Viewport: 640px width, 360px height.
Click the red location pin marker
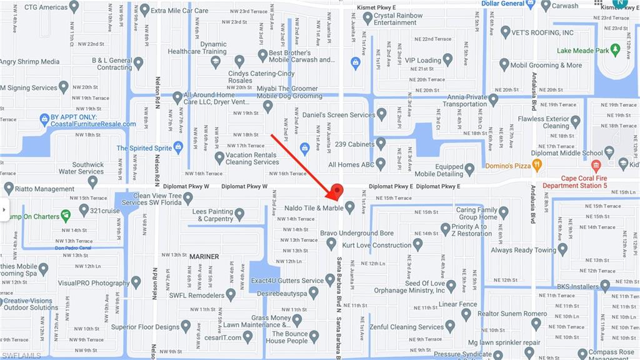coord(336,191)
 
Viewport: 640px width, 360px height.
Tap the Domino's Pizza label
coord(513,166)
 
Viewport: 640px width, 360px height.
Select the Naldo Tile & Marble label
coord(315,207)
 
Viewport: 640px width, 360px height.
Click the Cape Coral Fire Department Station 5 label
coord(574,182)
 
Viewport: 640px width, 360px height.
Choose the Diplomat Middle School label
coord(566,152)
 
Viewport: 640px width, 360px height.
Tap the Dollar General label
coord(503,4)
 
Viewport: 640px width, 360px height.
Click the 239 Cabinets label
coord(354,144)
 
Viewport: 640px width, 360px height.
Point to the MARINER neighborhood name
coord(204,257)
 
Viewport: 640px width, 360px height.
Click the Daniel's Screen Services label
coord(339,115)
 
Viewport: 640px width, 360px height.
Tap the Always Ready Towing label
coord(522,250)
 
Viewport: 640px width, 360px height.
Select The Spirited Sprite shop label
coord(144,148)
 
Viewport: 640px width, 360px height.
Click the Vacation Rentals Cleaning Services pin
coord(219,158)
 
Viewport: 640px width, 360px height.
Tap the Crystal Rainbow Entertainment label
coord(398,19)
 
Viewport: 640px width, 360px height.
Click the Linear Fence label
coord(457,304)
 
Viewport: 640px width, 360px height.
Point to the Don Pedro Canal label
coord(73,247)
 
